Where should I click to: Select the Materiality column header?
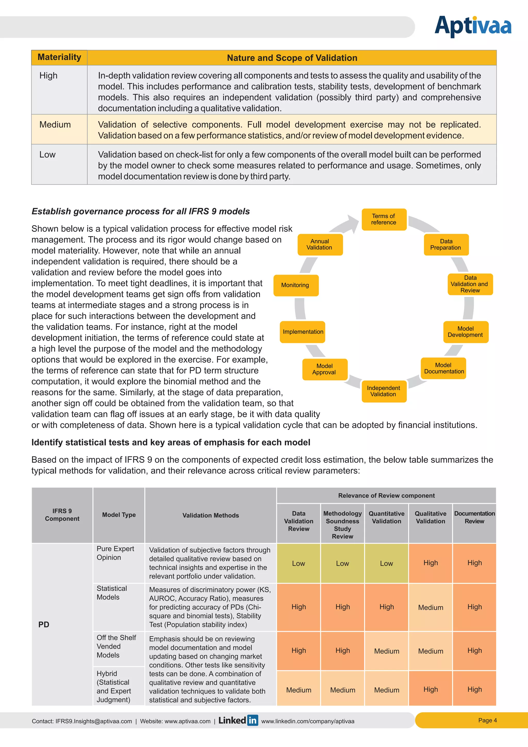tap(59, 57)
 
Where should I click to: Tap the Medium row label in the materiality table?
tap(55, 125)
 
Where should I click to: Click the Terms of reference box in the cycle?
tap(384, 219)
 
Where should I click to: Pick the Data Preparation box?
tap(446, 244)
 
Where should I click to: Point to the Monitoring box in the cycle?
tap(295, 285)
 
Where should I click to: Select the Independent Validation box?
tap(384, 391)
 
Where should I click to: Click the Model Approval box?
tap(325, 369)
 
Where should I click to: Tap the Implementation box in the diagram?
tap(303, 332)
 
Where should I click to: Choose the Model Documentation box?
tap(443, 368)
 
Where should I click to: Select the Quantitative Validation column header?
tap(386, 517)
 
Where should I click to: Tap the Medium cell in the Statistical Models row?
tap(431, 607)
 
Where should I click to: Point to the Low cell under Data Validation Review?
tap(299, 564)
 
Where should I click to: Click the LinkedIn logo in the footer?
tap(238, 720)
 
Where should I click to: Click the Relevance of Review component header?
tap(386, 496)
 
